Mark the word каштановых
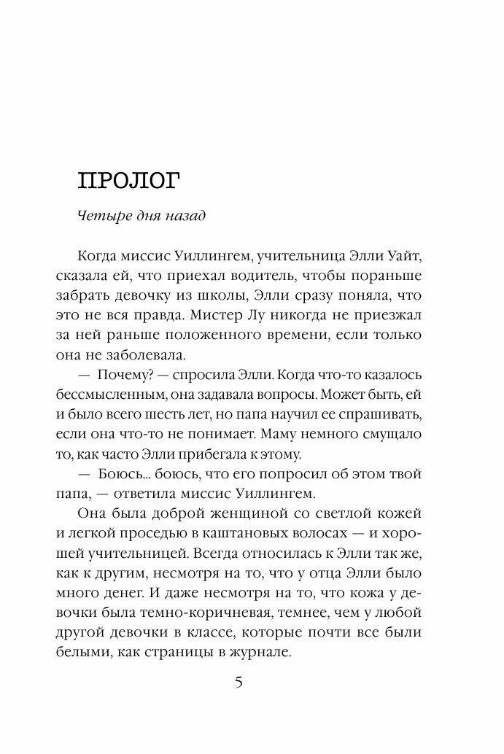[x=262, y=534]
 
